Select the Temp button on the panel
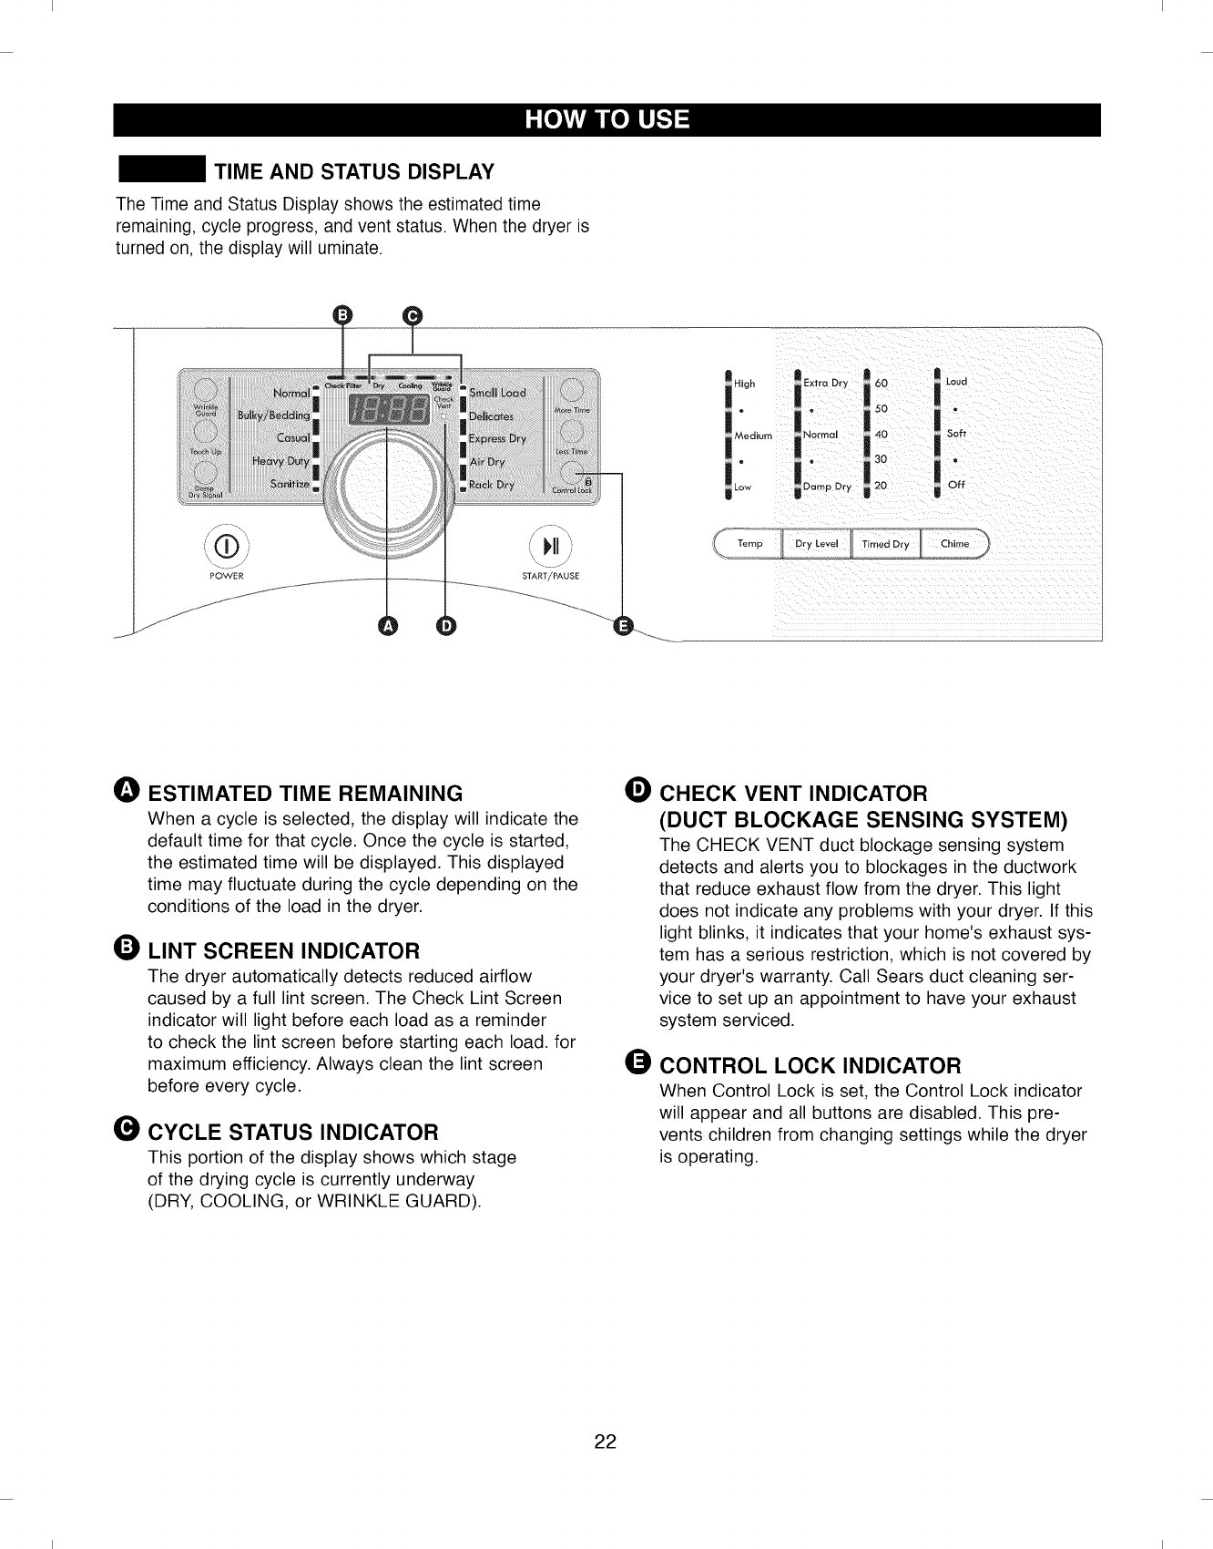pyautogui.click(x=749, y=544)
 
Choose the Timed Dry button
pyautogui.click(x=885, y=544)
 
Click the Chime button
pyautogui.click(x=954, y=544)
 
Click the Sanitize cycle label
pyautogui.click(x=290, y=484)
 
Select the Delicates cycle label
pyautogui.click(x=492, y=416)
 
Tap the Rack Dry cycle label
pyautogui.click(x=492, y=485)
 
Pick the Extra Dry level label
pyautogui.click(x=826, y=383)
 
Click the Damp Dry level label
pyautogui.click(x=827, y=487)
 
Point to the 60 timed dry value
pyautogui.click(x=881, y=383)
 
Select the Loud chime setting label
pyautogui.click(x=956, y=382)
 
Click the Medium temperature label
pyautogui.click(x=753, y=436)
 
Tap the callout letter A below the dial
pyautogui.click(x=387, y=626)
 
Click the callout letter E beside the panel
pyautogui.click(x=624, y=626)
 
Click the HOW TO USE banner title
pyautogui.click(x=606, y=120)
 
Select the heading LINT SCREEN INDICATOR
pyautogui.click(x=283, y=951)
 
